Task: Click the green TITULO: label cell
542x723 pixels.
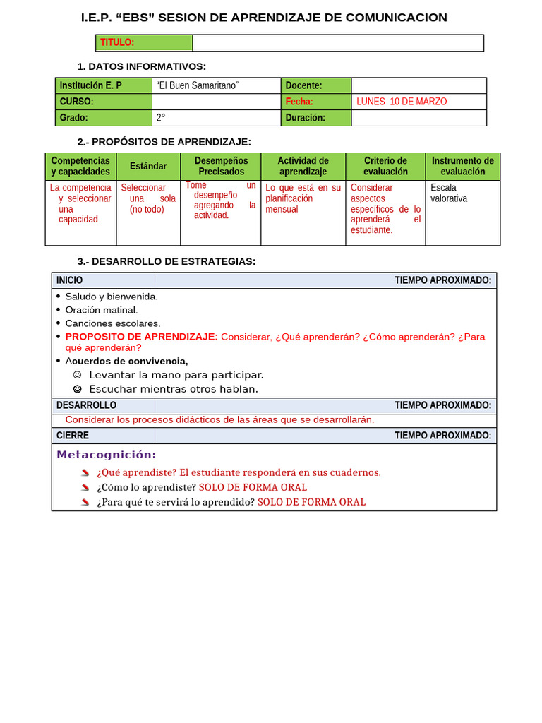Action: click(x=144, y=43)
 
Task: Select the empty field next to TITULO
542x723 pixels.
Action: click(x=338, y=43)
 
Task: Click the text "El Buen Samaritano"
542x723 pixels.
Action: click(x=198, y=85)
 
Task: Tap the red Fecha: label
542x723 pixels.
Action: click(x=299, y=102)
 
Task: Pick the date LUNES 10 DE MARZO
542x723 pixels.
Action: click(x=402, y=102)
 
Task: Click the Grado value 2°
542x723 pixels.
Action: click(x=161, y=118)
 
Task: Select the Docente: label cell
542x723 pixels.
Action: click(x=303, y=85)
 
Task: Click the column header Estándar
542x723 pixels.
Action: click(x=148, y=166)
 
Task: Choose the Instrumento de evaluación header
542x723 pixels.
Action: click(x=462, y=166)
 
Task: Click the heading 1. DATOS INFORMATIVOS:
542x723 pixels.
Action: click(x=141, y=66)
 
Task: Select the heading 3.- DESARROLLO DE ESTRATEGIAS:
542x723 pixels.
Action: click(x=166, y=261)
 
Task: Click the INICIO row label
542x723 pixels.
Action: click(x=70, y=280)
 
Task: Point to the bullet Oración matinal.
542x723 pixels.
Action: click(x=102, y=310)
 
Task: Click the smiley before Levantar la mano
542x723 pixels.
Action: click(x=78, y=375)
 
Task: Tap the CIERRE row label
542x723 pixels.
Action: click(x=72, y=436)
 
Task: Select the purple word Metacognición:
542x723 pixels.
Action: click(x=107, y=455)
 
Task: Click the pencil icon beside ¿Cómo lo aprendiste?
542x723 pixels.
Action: click(x=85, y=487)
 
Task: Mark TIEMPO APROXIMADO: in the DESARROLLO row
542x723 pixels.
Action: click(x=442, y=405)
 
